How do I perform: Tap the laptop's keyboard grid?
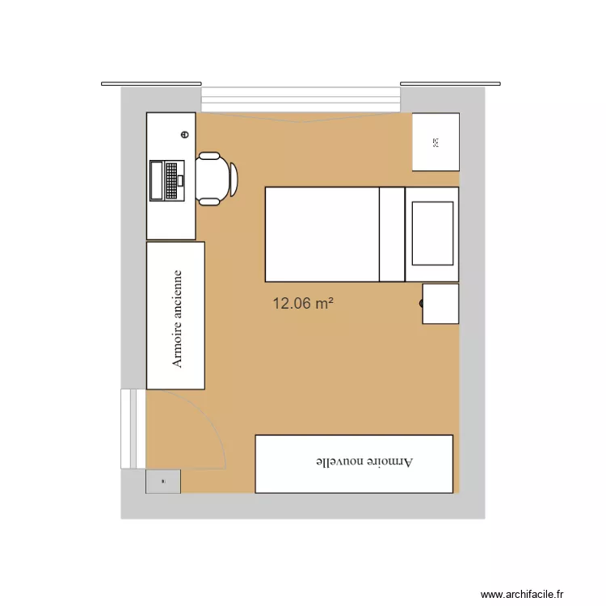172,180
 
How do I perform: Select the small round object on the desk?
184,136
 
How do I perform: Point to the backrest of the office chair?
233,179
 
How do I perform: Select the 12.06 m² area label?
303,304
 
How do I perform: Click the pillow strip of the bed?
392,234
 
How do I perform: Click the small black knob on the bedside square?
422,303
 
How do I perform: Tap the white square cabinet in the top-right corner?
436,142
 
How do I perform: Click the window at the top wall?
301,99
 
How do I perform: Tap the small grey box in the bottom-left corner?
163,482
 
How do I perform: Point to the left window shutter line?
151,83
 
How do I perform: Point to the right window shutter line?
451,83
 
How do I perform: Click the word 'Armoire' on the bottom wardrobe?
393,462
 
